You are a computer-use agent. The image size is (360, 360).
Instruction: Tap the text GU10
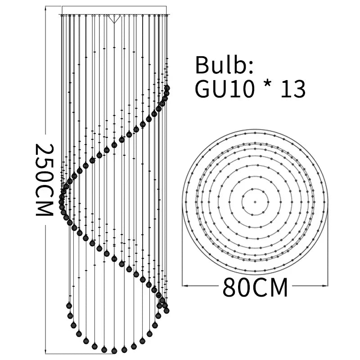(225, 89)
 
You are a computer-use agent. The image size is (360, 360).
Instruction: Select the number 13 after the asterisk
(293, 89)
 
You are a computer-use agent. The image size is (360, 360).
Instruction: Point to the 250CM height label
(45, 180)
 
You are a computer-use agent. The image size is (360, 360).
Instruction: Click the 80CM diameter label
(255, 287)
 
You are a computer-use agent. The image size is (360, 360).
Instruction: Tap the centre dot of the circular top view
(255, 202)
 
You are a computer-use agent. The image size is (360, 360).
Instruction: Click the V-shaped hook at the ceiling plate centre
(114, 19)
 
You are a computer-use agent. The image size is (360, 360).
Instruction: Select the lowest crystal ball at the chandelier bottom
(114, 351)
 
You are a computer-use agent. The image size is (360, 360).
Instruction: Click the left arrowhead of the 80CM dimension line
(185, 286)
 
